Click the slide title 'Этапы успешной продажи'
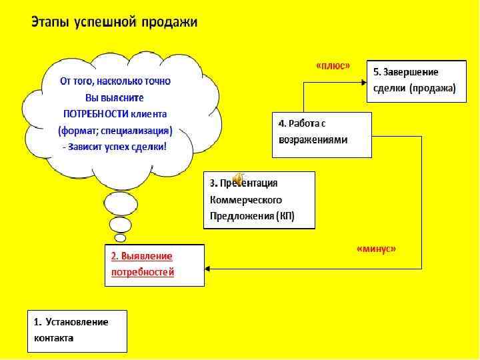[x=115, y=22]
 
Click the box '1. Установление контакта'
[x=77, y=331]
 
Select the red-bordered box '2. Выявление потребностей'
[x=154, y=265]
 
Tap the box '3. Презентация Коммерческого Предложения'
[x=259, y=200]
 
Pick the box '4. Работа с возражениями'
[x=321, y=134]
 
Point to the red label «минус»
[x=376, y=249]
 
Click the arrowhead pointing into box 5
[x=363, y=82]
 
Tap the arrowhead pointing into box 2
[x=208, y=269]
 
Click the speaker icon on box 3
[x=238, y=178]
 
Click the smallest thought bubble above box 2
[x=120, y=238]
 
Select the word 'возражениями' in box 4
[x=313, y=140]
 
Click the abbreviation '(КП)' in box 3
[x=285, y=216]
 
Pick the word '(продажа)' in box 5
[x=433, y=88]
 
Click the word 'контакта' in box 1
[x=54, y=338]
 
